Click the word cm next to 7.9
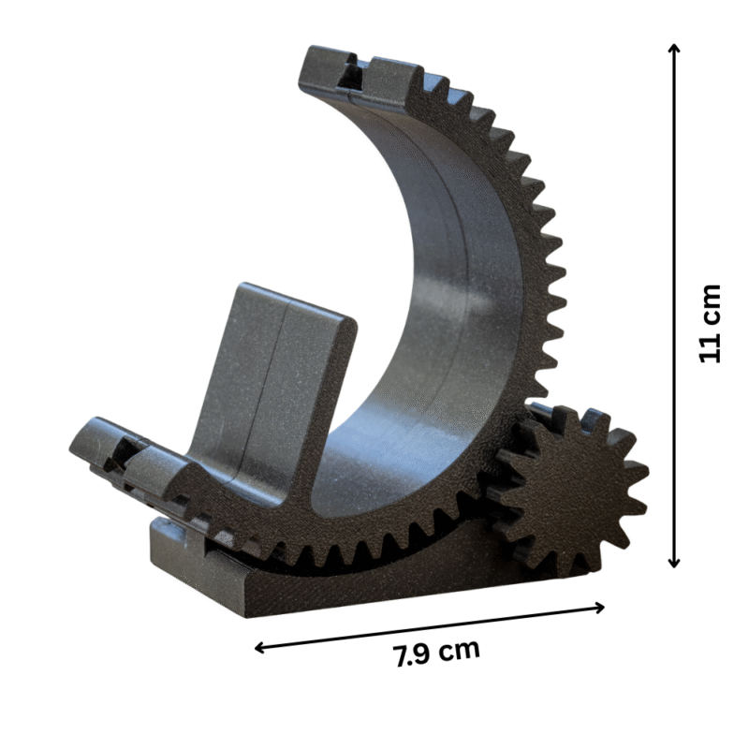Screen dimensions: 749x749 [x=456, y=650]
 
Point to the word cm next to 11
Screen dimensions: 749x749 [x=711, y=304]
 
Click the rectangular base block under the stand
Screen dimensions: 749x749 [x=374, y=585]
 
